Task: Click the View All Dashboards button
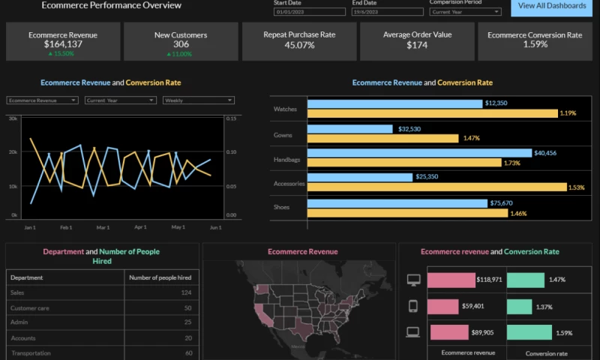pos(552,7)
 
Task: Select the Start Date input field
pos(310,12)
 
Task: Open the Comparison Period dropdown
pos(465,12)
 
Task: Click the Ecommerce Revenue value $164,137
pos(62,45)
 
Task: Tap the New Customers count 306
pos(180,45)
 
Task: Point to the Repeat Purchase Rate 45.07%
pos(299,45)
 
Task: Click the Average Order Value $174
pos(416,45)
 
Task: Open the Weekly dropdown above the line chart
pos(198,100)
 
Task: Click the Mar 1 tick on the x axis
pos(103,226)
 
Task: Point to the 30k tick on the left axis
pos(13,118)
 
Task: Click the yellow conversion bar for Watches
pos(432,113)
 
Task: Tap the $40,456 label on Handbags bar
pos(544,153)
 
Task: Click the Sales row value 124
pos(186,292)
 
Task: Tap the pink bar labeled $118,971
pos(451,280)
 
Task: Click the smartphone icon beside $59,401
pos(412,306)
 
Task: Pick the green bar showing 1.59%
pos(528,332)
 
